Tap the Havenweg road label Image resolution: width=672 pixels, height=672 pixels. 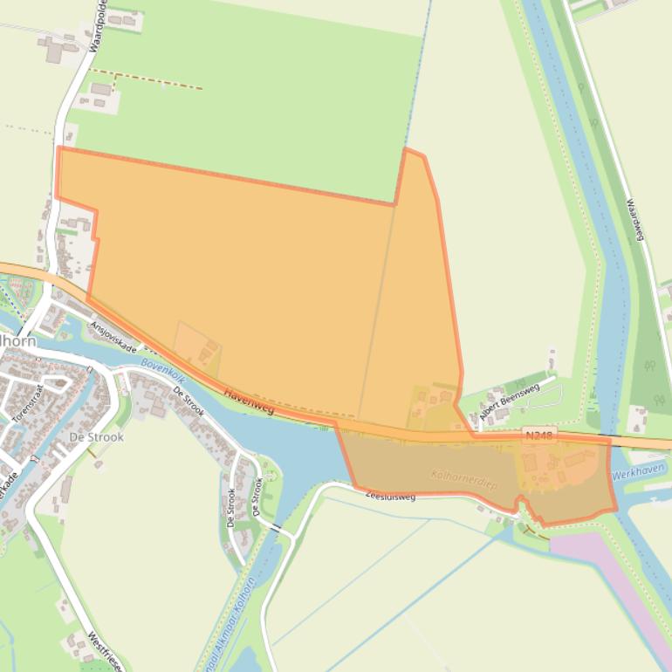click(x=249, y=401)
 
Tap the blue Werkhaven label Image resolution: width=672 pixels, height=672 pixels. click(x=638, y=472)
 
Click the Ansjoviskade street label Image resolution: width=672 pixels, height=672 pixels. click(x=113, y=336)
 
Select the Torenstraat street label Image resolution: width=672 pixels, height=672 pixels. click(x=29, y=399)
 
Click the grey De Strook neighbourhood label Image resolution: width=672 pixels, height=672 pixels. click(x=96, y=437)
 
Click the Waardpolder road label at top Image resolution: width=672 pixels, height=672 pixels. click(x=95, y=26)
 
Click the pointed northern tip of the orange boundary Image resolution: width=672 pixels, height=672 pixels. click(x=407, y=151)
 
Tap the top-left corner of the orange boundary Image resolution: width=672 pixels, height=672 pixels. click(x=58, y=149)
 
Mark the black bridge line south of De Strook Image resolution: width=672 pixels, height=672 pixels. click(x=277, y=531)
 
